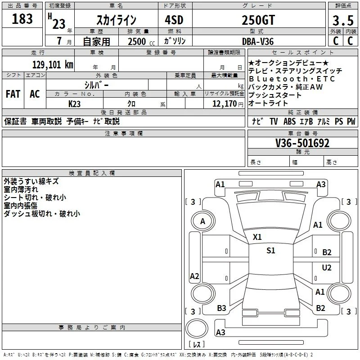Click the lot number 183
(x=22, y=18)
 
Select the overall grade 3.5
(x=343, y=20)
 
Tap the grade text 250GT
(x=258, y=20)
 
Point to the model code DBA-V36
(x=258, y=41)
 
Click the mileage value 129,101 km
(x=53, y=65)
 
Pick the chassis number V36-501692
(x=302, y=143)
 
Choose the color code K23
(x=74, y=104)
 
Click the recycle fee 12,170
(x=225, y=104)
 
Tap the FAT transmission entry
(x=13, y=94)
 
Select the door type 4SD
(x=174, y=20)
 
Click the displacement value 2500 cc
(x=141, y=41)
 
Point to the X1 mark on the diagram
(x=257, y=237)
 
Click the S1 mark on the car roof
(x=271, y=251)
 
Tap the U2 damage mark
(x=327, y=267)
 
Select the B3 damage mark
(x=221, y=308)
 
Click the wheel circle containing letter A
(x=203, y=221)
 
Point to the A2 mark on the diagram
(x=194, y=276)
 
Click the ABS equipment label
(x=289, y=121)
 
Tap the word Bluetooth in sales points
(x=278, y=79)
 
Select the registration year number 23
(x=59, y=24)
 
